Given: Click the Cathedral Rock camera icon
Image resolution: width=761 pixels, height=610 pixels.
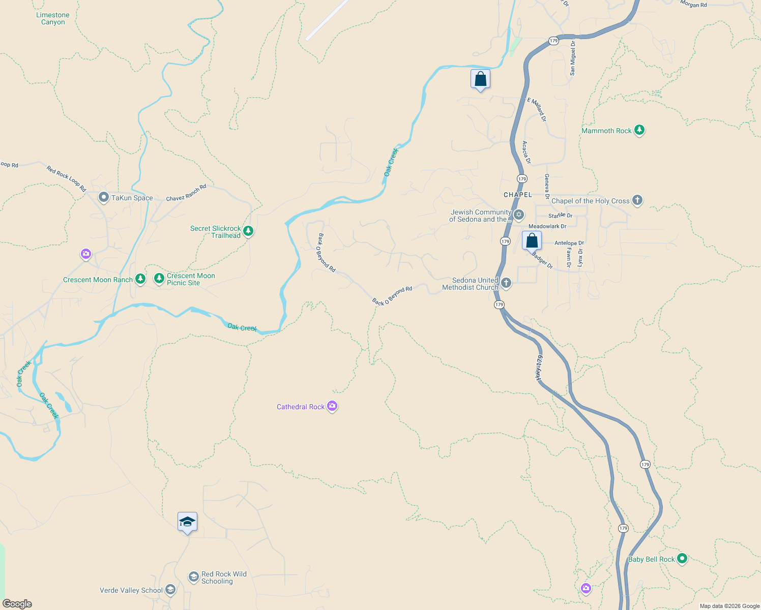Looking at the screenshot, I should point(332,406).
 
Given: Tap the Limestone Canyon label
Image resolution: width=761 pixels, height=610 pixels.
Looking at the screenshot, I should point(53,19).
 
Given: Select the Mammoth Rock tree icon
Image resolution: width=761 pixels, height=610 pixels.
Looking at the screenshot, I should point(639,130).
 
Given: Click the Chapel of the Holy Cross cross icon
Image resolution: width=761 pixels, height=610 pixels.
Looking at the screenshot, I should point(637,200).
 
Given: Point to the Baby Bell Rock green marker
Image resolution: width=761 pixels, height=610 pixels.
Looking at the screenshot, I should point(682,559).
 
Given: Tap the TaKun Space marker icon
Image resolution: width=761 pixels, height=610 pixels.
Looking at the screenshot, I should point(104,197).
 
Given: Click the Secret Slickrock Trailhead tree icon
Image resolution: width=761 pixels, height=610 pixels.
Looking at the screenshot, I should point(248,231).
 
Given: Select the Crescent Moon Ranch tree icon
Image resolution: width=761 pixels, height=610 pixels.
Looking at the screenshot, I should point(140,279).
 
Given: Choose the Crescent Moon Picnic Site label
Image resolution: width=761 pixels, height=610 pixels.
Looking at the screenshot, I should point(191,279).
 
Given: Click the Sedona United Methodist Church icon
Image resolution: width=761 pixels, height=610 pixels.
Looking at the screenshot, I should point(506,283).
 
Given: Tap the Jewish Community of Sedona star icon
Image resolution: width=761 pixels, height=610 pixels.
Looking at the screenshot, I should point(518,215).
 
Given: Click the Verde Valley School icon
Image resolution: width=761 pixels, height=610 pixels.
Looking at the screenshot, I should point(170,590).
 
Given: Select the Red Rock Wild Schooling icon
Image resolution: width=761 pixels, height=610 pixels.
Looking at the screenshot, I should point(193,576).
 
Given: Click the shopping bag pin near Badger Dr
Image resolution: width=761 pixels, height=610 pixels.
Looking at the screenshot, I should point(532,240).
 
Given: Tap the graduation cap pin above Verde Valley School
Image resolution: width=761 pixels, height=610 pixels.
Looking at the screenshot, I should point(187,522).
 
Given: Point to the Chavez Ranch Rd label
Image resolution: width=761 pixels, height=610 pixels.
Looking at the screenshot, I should point(186,193).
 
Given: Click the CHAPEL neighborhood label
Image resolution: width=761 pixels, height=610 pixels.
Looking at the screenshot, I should point(517,195).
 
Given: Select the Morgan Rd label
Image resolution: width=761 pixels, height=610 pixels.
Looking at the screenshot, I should point(693,5).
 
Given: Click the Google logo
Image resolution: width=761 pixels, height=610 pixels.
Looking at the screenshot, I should point(17,603).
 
